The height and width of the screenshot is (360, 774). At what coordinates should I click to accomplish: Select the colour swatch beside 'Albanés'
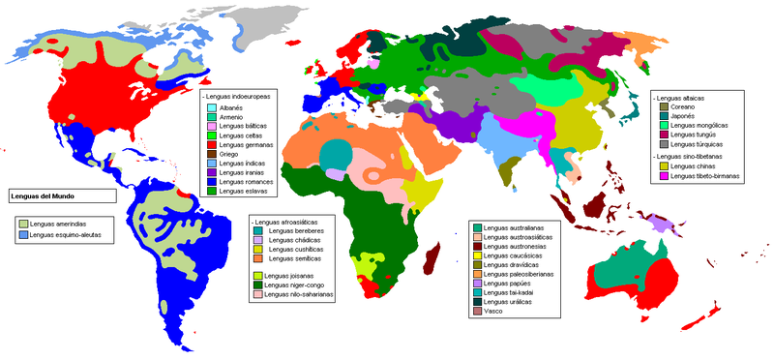coord(212,107)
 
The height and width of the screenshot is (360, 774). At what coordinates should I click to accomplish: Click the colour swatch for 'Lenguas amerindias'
coord(22,225)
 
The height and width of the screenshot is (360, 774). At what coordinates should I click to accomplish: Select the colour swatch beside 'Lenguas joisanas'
coord(257,276)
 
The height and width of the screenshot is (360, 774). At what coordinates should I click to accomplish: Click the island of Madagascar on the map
coord(433,257)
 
